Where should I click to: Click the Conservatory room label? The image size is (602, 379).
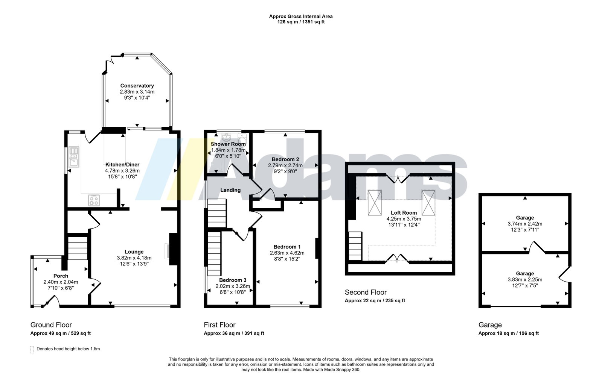137,86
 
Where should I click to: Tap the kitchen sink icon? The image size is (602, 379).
74,157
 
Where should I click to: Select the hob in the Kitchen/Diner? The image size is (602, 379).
94,200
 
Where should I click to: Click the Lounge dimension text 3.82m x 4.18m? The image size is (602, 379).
134,258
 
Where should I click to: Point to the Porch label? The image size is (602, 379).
61,276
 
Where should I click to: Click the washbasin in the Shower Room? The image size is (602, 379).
227,137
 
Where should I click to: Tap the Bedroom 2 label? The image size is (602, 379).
285,159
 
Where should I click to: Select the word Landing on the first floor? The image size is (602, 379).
230,190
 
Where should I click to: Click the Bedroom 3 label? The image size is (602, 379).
233,280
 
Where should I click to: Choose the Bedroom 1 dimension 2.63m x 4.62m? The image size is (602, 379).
287,253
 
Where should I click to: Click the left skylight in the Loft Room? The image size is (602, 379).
375,203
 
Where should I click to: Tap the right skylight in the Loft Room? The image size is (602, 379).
428,203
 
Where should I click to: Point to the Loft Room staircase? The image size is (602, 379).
355,246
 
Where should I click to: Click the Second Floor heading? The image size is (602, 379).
366,292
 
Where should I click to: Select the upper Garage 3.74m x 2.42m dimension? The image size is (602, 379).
525,224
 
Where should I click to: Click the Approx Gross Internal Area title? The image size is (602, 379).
301,17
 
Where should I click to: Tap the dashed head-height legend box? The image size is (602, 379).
32,349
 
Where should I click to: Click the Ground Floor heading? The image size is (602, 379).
51,325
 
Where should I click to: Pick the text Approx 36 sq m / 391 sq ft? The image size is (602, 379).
234,334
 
